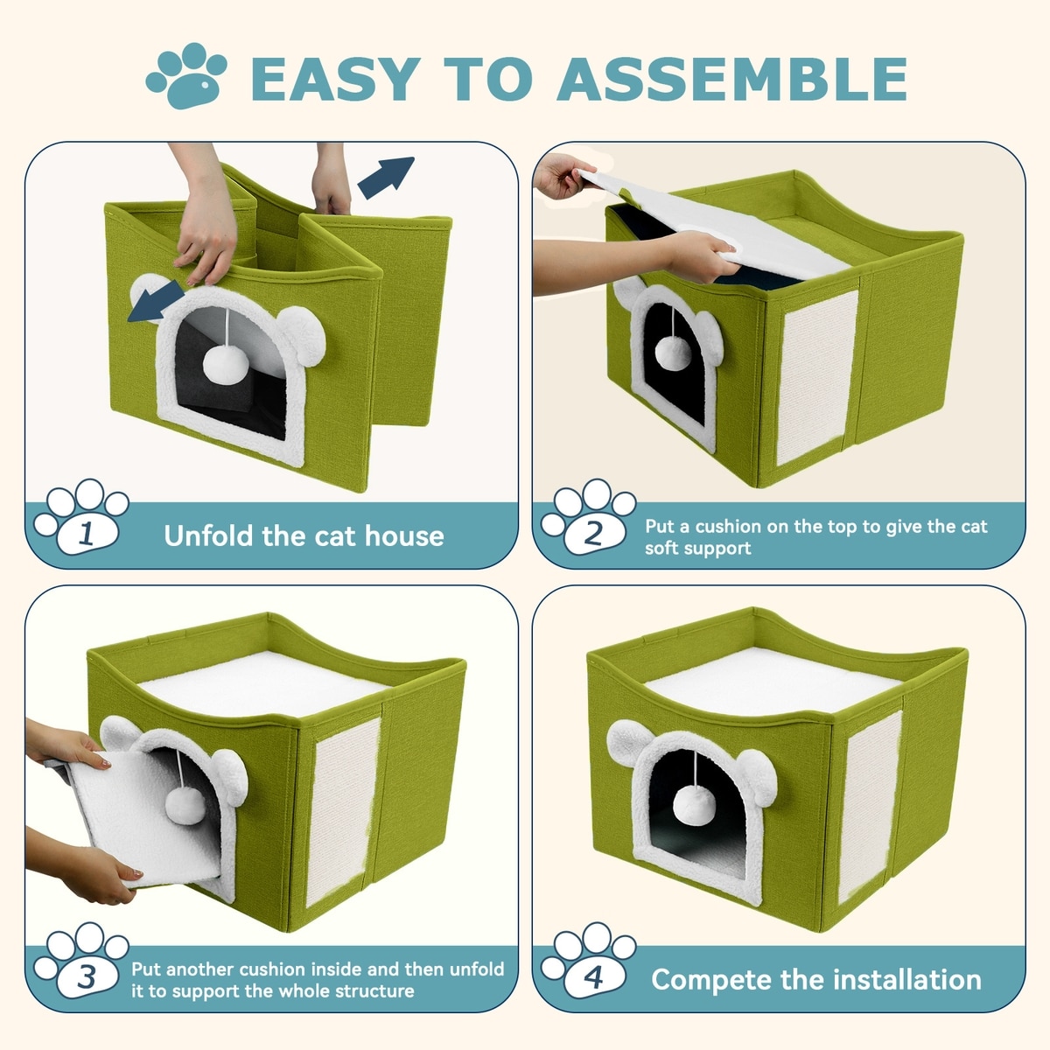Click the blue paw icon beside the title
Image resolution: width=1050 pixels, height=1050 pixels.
186,76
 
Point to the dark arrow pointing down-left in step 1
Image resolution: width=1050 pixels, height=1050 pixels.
157,301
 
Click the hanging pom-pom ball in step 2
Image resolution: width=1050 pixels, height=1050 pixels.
673,353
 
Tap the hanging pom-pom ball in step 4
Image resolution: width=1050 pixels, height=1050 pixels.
694,805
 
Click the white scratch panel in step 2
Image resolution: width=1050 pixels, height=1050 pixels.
815,377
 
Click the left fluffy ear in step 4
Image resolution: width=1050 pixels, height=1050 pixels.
631,743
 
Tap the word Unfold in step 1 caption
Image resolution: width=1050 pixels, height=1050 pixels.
209,536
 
